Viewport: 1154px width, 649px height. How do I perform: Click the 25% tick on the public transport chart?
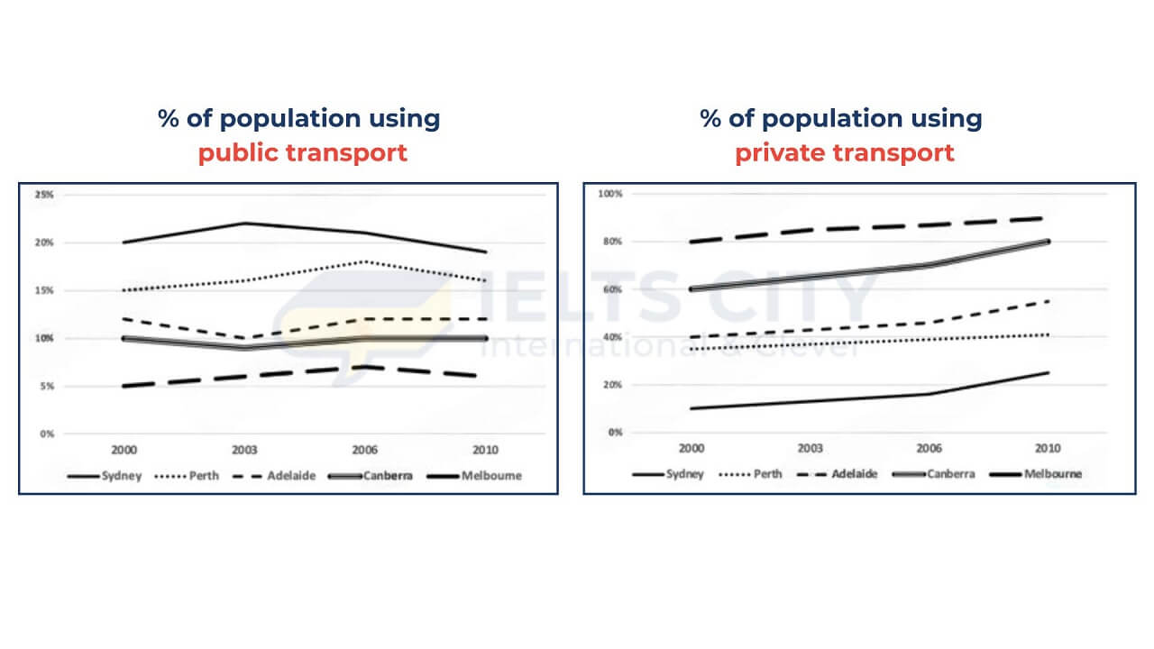click(x=44, y=195)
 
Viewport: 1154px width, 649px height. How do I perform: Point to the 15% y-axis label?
click(x=44, y=290)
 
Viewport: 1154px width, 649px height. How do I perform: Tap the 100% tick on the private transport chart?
click(x=610, y=194)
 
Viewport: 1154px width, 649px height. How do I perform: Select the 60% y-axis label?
click(x=612, y=289)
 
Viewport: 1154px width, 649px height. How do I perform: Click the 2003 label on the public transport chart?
click(x=244, y=450)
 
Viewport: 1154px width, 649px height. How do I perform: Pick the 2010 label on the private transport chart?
click(x=1048, y=448)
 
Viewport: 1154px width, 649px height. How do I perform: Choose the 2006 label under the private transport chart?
click(x=929, y=448)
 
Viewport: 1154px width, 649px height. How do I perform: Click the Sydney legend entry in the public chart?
click(x=105, y=476)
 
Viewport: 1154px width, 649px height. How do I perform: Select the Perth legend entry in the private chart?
click(x=751, y=474)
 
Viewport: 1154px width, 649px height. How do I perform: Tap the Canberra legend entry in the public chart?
click(x=371, y=476)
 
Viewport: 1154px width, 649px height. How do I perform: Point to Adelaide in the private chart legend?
click(x=838, y=474)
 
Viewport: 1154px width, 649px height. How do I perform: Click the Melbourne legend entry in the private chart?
click(x=1036, y=474)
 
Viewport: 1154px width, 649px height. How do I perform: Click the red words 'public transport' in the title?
click(x=303, y=153)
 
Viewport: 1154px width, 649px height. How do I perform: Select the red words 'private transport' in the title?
click(x=845, y=153)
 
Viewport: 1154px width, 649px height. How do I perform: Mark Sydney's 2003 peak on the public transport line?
click(x=244, y=223)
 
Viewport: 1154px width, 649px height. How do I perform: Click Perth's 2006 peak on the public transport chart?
click(x=365, y=261)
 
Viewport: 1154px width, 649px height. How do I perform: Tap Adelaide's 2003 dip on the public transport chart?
click(x=244, y=338)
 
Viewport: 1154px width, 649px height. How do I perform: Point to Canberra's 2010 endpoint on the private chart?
click(x=1048, y=241)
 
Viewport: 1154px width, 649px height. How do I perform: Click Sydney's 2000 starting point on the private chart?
click(x=691, y=408)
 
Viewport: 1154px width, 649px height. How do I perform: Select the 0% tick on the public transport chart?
click(x=47, y=434)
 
